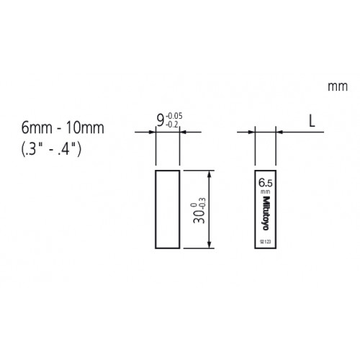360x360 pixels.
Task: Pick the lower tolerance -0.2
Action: (171, 124)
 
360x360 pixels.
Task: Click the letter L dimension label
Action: (312, 121)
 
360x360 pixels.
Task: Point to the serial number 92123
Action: (264, 240)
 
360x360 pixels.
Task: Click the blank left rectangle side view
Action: (167, 210)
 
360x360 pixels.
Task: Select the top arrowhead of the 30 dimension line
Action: (210, 174)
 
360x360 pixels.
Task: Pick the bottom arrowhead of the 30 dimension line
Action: (210, 245)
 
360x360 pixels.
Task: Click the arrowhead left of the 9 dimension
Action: (151, 132)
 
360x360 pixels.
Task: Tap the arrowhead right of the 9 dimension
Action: (184, 132)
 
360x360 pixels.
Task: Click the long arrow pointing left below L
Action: (299, 132)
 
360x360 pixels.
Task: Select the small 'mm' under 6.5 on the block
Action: (264, 192)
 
